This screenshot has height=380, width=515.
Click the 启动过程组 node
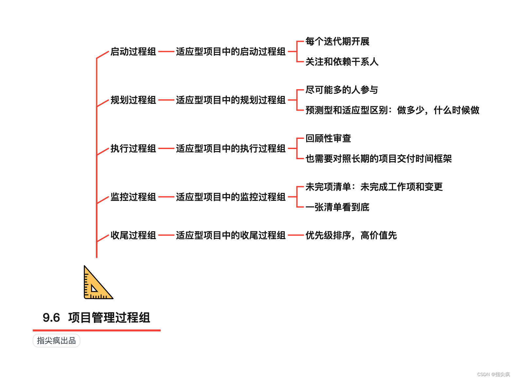click(x=133, y=52)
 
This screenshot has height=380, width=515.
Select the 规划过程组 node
click(x=133, y=100)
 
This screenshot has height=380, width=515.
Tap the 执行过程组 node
click(x=133, y=149)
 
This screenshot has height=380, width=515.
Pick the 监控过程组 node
click(x=133, y=197)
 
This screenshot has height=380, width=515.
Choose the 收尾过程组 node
click(x=133, y=236)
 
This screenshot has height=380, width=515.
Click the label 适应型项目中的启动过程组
click(x=231, y=52)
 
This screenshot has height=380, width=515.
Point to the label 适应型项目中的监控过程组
click(x=231, y=197)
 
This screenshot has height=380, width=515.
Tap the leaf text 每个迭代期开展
click(x=337, y=42)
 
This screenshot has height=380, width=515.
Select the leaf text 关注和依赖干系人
click(x=342, y=62)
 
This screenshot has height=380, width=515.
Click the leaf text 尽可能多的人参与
click(x=342, y=90)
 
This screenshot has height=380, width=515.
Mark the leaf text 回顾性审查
click(x=328, y=139)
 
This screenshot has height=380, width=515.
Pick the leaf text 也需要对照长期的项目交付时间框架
click(x=379, y=159)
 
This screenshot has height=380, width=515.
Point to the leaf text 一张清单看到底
click(x=337, y=207)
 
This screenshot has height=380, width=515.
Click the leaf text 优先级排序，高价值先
click(x=351, y=236)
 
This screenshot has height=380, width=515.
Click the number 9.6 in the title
click(x=51, y=318)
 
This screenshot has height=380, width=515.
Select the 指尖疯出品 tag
click(x=56, y=341)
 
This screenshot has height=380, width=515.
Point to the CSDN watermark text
click(x=493, y=374)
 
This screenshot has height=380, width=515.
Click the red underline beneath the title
click(x=97, y=330)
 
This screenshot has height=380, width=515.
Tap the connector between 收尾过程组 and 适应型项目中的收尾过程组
click(x=166, y=235)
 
